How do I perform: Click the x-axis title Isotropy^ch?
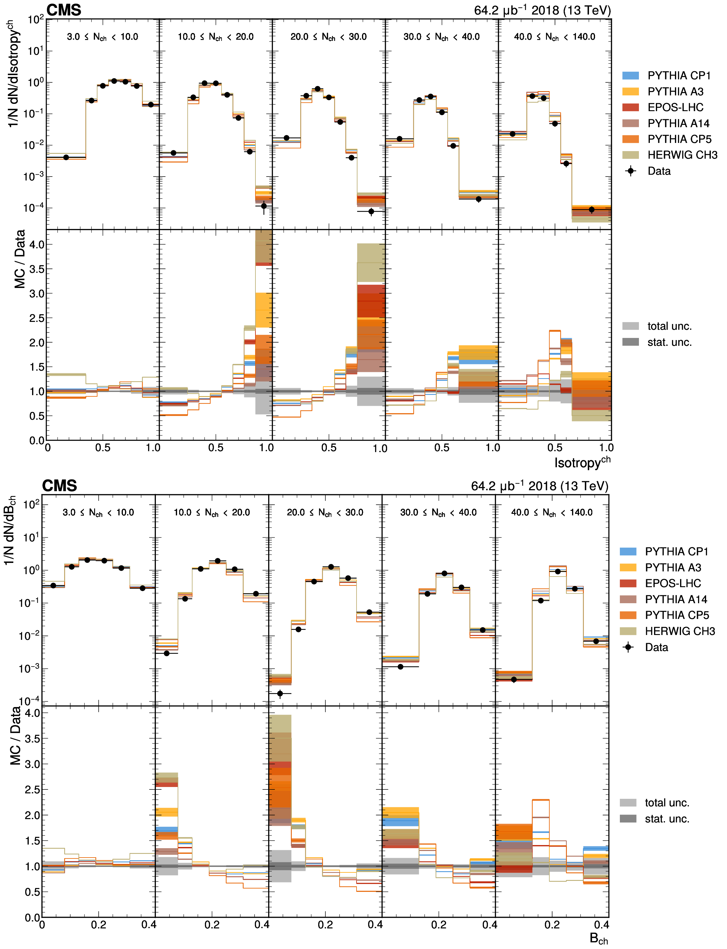pyautogui.click(x=582, y=462)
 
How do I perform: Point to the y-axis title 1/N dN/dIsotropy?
pyautogui.click(x=14, y=74)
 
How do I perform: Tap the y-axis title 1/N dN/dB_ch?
pyautogui.click(x=9, y=530)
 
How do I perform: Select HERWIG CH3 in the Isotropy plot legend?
pyautogui.click(x=682, y=155)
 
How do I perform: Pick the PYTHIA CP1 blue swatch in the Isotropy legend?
pyautogui.click(x=630, y=76)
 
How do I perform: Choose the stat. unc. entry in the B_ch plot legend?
pyautogui.click(x=667, y=819)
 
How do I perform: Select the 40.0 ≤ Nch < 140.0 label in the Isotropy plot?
pyautogui.click(x=554, y=37)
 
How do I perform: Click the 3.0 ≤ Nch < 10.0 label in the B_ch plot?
pyautogui.click(x=98, y=513)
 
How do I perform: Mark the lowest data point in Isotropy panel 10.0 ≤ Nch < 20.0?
pyautogui.click(x=264, y=206)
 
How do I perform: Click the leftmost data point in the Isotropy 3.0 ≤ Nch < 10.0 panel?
pyautogui.click(x=66, y=157)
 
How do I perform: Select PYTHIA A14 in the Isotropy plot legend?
pyautogui.click(x=678, y=123)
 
